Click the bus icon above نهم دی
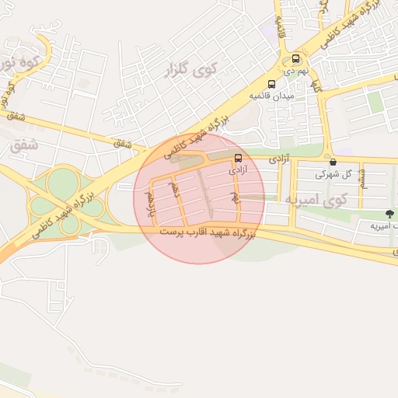pyautogui.click(x=295, y=59)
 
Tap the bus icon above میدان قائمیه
pyautogui.click(x=271, y=84)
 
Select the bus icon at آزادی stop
pyautogui.click(x=237, y=155)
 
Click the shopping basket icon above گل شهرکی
pyautogui.click(x=333, y=162)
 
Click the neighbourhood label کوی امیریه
pyautogui.click(x=315, y=201)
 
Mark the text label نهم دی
pyautogui.click(x=296, y=71)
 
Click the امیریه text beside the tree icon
pyautogui.click(x=380, y=225)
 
